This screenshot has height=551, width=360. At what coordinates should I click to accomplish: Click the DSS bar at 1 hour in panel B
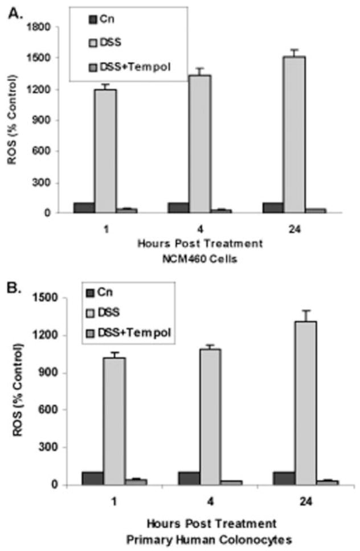114,421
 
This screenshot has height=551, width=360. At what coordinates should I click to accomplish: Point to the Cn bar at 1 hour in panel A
84,208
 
